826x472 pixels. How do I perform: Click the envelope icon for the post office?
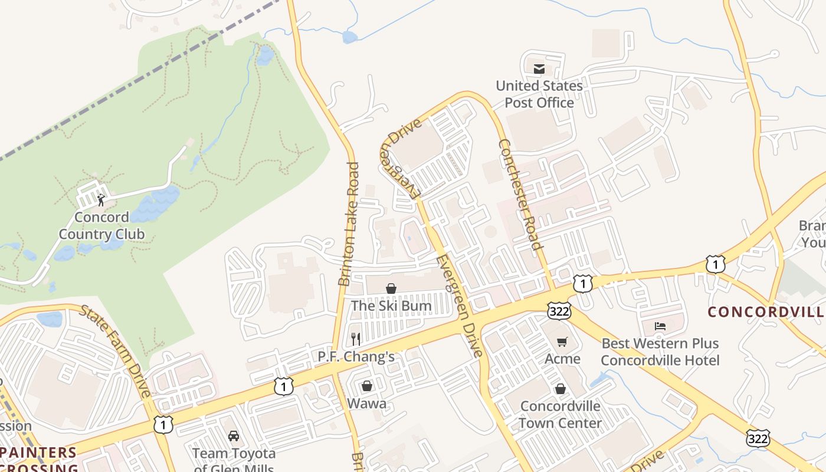[539, 69]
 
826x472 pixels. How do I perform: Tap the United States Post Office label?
[539, 94]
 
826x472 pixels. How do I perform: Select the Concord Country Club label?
[101, 226]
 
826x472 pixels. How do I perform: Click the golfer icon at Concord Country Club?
[101, 199]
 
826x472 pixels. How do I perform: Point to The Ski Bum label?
[391, 306]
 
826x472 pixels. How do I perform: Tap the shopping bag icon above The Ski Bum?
[391, 289]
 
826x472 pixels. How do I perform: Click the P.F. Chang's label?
[356, 356]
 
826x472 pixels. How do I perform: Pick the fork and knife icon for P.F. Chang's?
[355, 339]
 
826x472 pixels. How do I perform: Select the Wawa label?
[367, 404]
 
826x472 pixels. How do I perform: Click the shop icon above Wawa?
[367, 386]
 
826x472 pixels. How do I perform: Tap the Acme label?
[562, 359]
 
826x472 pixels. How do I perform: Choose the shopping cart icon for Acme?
[562, 342]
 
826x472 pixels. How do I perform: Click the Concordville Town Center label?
[560, 415]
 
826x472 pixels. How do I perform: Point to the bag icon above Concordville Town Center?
[560, 389]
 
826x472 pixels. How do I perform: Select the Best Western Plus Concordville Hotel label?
[660, 352]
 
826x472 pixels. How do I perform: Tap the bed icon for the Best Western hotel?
[660, 326]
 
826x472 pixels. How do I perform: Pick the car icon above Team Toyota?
[234, 436]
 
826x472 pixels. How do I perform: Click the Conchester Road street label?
[520, 194]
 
